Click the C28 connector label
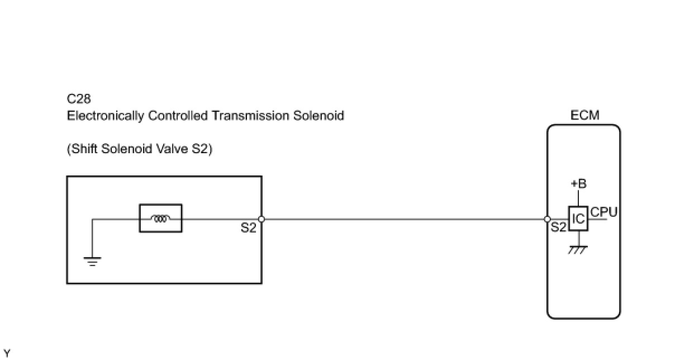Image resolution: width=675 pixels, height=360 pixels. [79, 100]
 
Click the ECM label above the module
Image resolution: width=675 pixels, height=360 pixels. [584, 116]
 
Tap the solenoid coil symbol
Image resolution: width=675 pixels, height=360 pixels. [160, 219]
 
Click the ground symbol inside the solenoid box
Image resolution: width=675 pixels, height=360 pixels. [92, 260]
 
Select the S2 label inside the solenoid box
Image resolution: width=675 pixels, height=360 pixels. [249, 228]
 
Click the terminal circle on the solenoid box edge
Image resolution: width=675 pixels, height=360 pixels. [262, 219]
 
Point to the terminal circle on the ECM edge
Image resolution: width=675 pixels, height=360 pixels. [548, 219]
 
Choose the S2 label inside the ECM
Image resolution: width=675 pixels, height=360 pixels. [559, 228]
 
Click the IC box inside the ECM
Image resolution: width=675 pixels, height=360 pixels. [579, 219]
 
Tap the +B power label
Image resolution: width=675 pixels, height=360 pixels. [578, 184]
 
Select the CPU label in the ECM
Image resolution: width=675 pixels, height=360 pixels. [603, 212]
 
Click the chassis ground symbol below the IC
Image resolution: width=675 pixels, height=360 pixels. [578, 250]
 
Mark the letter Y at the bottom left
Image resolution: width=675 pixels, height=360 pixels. [7, 353]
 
